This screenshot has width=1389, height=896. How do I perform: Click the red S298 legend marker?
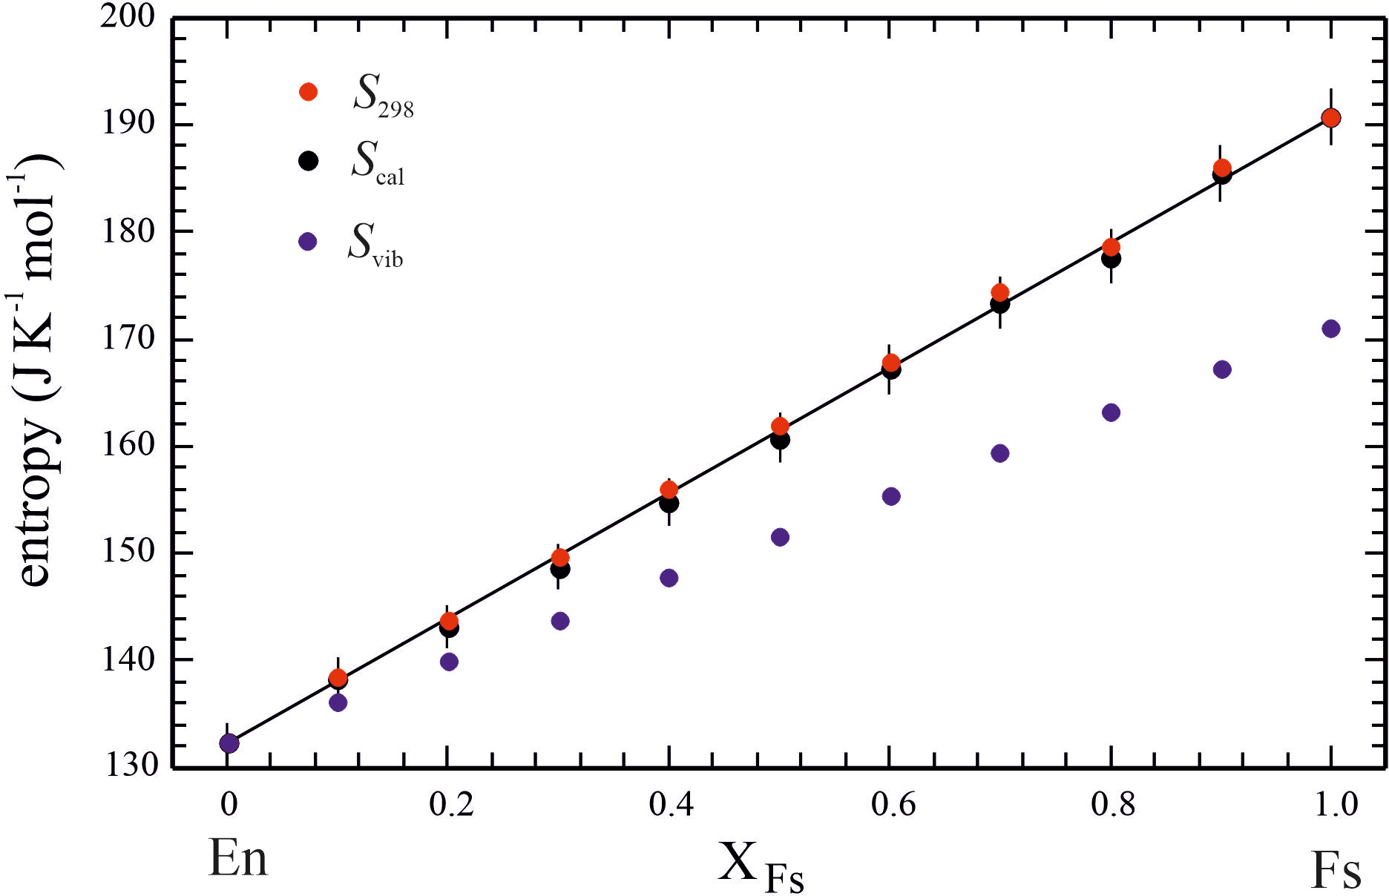[x=308, y=92]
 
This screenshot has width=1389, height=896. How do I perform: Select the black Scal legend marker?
[x=308, y=160]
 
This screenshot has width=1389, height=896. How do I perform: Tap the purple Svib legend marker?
[x=307, y=242]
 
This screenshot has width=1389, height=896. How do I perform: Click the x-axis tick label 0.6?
[x=893, y=805]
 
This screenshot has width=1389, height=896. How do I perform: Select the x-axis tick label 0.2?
[x=451, y=805]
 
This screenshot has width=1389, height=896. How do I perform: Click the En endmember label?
[x=237, y=859]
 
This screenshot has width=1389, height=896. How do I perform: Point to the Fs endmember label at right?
[x=1336, y=869]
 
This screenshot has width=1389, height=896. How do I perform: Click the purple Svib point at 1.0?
[x=1331, y=329]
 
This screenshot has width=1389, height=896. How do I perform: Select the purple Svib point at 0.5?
[x=780, y=537]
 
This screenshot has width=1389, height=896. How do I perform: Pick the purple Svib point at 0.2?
[x=449, y=662]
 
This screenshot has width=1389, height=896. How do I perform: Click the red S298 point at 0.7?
[x=1000, y=292]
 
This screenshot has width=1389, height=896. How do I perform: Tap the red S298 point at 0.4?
[x=669, y=490]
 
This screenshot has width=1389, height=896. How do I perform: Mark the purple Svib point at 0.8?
[x=1111, y=412]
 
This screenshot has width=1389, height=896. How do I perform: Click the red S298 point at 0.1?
[x=338, y=677]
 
